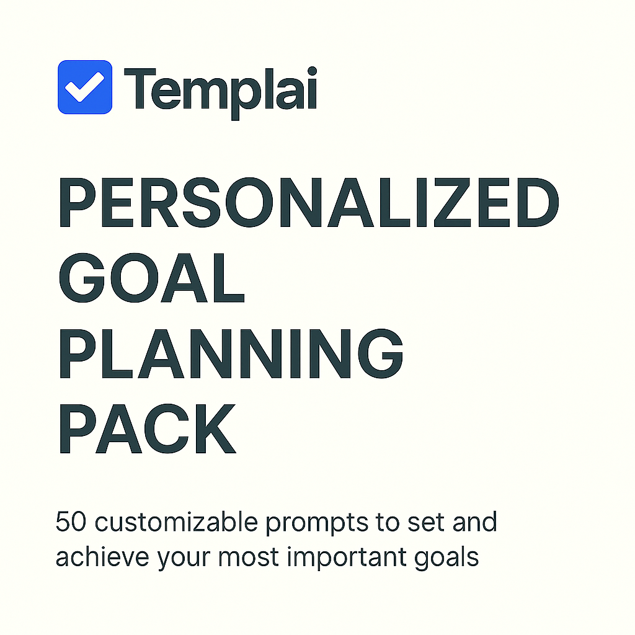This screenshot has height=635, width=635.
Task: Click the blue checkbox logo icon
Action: click(85, 87)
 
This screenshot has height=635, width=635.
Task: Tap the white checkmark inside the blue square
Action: click(84, 87)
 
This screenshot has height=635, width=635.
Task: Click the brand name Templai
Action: click(220, 92)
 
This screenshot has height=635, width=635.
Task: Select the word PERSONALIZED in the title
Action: click(309, 203)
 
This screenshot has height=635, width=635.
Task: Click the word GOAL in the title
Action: click(152, 278)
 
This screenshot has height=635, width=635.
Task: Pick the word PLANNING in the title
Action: click(231, 353)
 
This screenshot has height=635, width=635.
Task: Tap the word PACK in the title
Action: click(148, 428)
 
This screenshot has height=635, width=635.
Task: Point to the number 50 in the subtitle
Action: click(71, 522)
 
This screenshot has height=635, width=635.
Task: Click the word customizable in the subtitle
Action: click(176, 522)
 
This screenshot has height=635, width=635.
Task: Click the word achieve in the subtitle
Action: click(102, 557)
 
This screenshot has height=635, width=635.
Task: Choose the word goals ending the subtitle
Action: click(446, 559)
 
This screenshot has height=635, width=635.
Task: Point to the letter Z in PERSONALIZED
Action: click(452, 203)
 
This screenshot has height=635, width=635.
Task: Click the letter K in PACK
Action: click(216, 428)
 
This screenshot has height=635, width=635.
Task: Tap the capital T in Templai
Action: click(140, 89)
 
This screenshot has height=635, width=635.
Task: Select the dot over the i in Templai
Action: click(312, 72)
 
